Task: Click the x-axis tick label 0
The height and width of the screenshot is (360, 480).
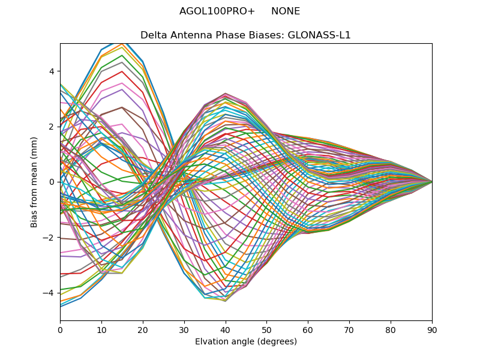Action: (x=60, y=329)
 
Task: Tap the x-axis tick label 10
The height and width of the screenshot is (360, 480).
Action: (x=101, y=329)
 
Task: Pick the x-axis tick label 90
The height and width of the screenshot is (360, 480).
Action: (x=432, y=329)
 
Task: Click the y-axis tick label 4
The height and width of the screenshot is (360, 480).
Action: (x=52, y=71)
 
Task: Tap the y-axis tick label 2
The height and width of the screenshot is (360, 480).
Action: (x=52, y=127)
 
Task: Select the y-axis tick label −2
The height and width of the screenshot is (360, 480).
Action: (x=49, y=238)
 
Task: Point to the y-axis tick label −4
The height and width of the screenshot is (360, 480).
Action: (x=49, y=293)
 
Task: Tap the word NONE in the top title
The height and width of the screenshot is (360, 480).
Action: (x=286, y=11)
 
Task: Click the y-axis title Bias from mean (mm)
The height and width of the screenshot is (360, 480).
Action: (x=34, y=182)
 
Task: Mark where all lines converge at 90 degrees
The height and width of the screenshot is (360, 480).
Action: (x=432, y=182)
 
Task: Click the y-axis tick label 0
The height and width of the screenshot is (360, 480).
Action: (x=52, y=182)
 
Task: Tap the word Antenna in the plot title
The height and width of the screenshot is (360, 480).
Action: (x=188, y=35)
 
